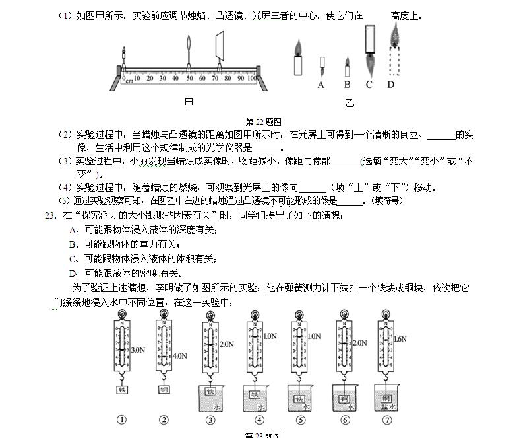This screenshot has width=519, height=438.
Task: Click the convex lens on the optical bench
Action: pyautogui.click(x=189, y=53)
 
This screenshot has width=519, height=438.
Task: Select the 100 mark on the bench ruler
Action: pyautogui.click(x=252, y=79)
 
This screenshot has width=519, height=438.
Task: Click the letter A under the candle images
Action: pyautogui.click(x=321, y=85)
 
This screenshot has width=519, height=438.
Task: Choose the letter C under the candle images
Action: pyautogui.click(x=369, y=85)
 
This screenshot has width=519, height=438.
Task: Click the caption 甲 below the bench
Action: pyautogui.click(x=189, y=102)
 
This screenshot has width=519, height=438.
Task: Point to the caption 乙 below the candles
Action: pyautogui.click(x=350, y=103)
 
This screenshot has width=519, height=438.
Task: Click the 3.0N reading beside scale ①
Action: pyautogui.click(x=138, y=349)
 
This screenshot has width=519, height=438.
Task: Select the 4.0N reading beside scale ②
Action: pyautogui.click(x=180, y=356)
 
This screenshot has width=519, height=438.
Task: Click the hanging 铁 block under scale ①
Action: pyautogui.click(x=122, y=390)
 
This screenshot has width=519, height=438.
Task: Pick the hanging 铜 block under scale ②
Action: pyautogui.click(x=164, y=390)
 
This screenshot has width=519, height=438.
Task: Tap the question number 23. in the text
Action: pyautogui.click(x=48, y=215)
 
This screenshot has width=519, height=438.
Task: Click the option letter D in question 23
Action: pyautogui.click(x=73, y=273)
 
